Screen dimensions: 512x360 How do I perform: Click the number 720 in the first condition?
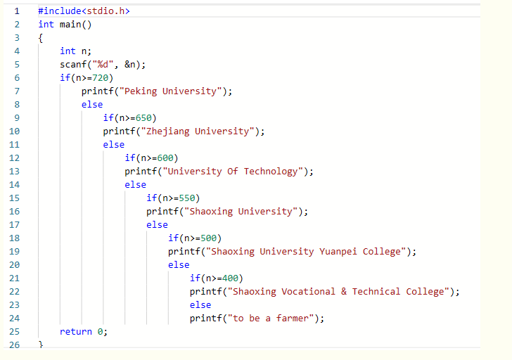(x=101, y=77)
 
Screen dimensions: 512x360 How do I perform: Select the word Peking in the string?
(x=141, y=91)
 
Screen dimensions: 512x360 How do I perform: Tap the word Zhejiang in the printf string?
(x=168, y=131)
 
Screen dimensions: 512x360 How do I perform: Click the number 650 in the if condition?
(x=143, y=118)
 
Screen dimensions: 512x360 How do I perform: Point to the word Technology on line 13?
(x=271, y=172)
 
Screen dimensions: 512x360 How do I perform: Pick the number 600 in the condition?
(x=165, y=158)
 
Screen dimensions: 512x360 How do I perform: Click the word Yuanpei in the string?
(x=338, y=252)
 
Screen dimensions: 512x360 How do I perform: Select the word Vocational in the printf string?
(x=308, y=292)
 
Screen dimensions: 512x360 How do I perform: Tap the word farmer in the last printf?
(x=293, y=319)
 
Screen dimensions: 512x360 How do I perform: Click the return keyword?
(x=76, y=332)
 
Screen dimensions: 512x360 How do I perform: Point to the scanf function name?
(x=73, y=64)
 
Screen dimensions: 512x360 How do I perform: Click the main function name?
(x=70, y=25)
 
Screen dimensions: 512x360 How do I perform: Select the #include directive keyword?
(x=60, y=11)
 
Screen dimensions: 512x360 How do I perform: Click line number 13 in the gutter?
(x=14, y=172)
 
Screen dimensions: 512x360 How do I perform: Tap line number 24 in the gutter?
(x=14, y=319)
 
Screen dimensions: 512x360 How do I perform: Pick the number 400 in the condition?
(x=230, y=278)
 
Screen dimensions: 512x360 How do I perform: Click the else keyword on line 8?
(x=92, y=105)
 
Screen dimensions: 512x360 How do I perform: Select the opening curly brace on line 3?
(x=41, y=38)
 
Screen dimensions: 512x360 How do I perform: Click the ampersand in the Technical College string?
(x=344, y=292)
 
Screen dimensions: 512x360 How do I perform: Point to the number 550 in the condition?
(x=187, y=198)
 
